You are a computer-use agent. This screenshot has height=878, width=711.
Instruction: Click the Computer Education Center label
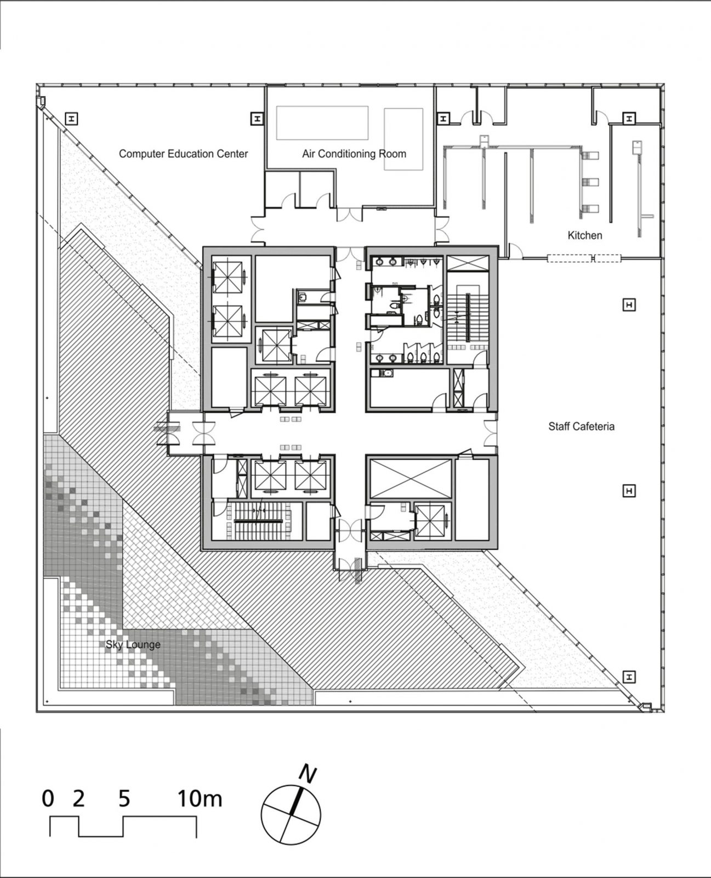click(183, 154)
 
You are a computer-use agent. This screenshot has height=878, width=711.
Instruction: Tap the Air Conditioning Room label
click(354, 154)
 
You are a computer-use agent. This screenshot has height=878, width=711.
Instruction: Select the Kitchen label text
click(584, 235)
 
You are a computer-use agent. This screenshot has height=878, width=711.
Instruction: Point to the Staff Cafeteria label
click(581, 426)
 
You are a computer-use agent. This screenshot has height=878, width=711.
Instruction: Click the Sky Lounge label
click(133, 644)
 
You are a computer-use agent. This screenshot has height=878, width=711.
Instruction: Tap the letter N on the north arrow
click(308, 774)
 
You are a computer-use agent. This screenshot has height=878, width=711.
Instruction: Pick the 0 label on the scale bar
click(48, 798)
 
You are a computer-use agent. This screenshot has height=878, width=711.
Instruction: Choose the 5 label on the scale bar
click(124, 798)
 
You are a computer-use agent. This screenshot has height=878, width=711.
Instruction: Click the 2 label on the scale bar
click(79, 798)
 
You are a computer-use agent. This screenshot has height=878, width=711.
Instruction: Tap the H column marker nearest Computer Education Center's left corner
click(71, 118)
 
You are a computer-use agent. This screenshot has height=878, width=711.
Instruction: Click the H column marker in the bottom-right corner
click(629, 677)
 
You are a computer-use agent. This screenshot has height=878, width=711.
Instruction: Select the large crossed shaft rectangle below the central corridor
click(411, 478)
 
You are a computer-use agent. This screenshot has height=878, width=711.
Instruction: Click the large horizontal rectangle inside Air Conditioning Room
click(321, 123)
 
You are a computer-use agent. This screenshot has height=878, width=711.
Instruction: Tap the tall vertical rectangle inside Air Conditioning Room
click(403, 139)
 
